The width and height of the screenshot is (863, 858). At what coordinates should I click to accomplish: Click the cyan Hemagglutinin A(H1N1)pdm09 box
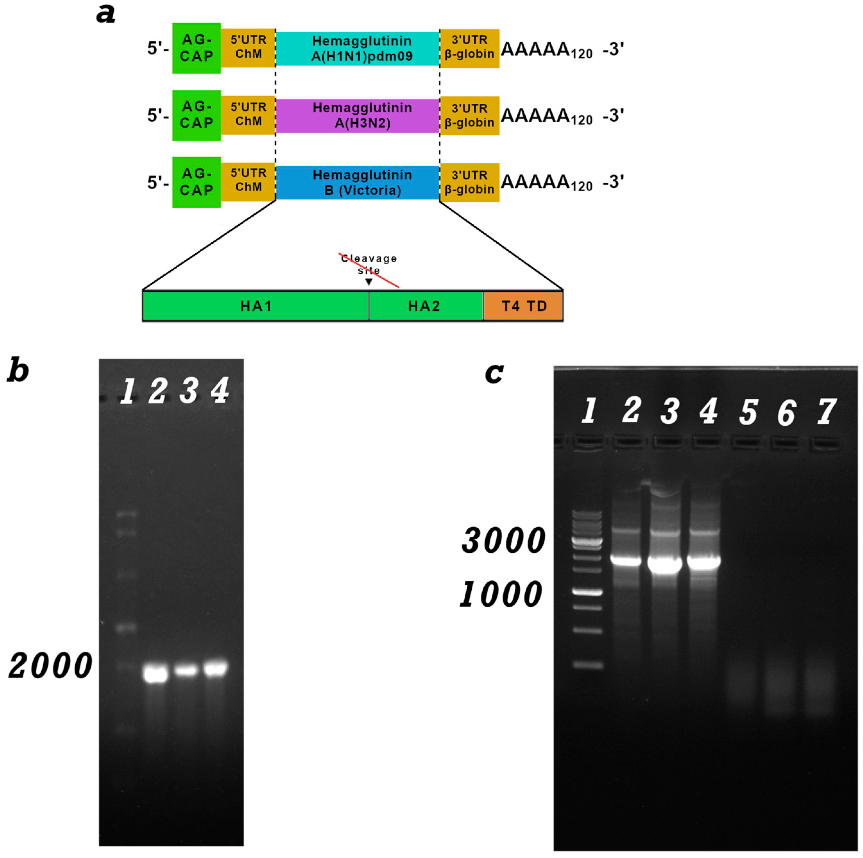tap(357, 48)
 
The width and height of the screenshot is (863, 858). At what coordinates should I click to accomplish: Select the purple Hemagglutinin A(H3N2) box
tap(357, 115)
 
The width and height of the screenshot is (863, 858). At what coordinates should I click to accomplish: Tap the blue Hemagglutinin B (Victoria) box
tap(357, 182)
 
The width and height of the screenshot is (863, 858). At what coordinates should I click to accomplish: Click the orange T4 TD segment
tap(523, 306)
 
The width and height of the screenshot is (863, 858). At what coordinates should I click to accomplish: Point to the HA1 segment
tap(256, 306)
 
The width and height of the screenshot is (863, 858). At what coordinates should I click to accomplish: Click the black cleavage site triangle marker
tap(368, 282)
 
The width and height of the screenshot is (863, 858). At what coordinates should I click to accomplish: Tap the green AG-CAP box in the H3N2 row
tap(197, 115)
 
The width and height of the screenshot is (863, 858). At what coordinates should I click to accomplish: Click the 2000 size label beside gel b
tap(50, 666)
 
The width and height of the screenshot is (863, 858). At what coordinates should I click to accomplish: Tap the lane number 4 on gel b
tap(220, 390)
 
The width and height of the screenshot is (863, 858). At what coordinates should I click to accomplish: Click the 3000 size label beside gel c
tap(503, 540)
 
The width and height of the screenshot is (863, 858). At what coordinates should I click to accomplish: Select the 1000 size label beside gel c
tap(501, 595)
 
